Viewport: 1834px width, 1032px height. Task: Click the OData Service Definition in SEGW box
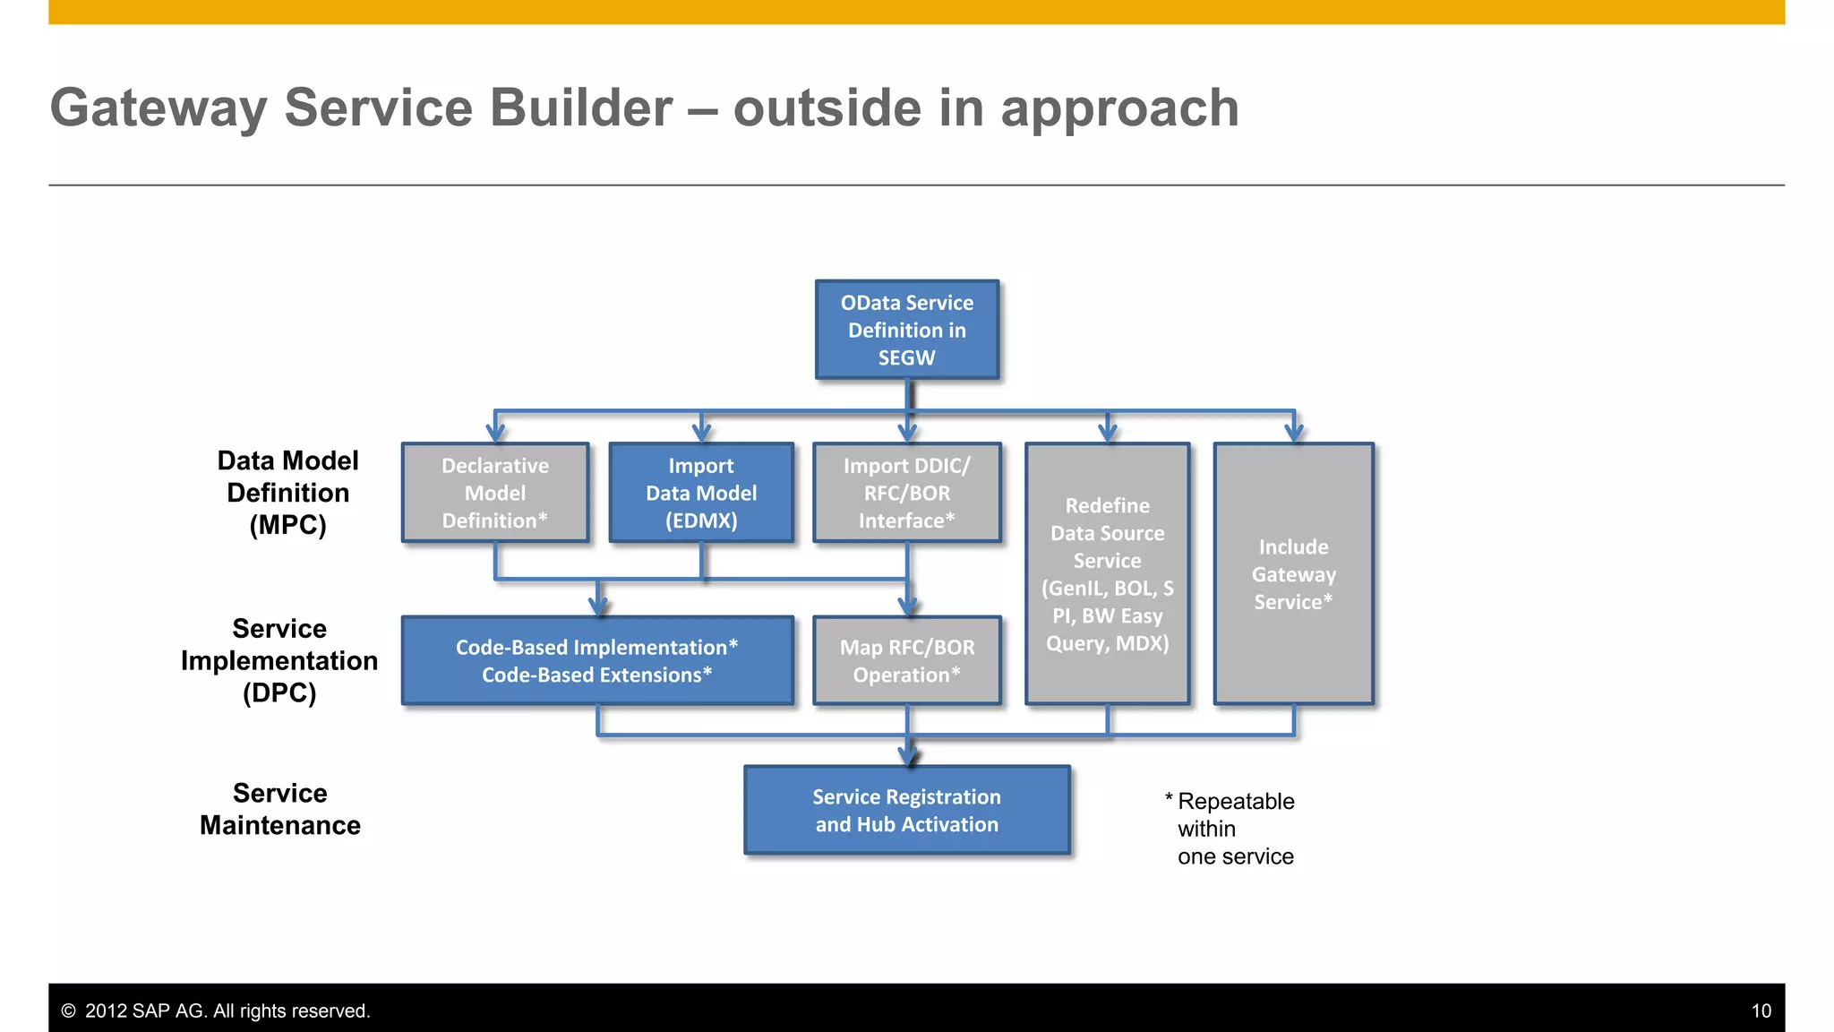pyautogui.click(x=906, y=330)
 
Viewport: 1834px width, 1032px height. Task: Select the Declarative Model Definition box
pyautogui.click(x=495, y=493)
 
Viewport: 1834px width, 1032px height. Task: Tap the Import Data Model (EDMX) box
pyautogui.click(x=701, y=493)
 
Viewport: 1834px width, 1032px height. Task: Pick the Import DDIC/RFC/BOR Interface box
pyautogui.click(x=906, y=493)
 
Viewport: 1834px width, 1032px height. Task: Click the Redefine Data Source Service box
pyautogui.click(x=1107, y=573)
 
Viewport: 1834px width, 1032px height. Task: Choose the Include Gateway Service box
pyautogui.click(x=1293, y=573)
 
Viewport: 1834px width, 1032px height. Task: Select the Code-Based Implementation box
pyautogui.click(x=597, y=660)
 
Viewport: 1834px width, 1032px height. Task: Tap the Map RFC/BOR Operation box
pyautogui.click(x=906, y=660)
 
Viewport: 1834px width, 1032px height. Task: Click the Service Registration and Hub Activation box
pyautogui.click(x=906, y=810)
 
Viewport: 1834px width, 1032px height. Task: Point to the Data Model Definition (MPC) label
pyautogui.click(x=287, y=493)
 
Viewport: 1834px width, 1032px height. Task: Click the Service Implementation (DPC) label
pyautogui.click(x=279, y=660)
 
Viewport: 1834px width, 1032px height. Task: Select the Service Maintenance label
pyautogui.click(x=279, y=809)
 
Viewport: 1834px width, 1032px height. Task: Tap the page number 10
pyautogui.click(x=1761, y=1010)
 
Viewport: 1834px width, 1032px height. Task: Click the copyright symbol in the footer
pyautogui.click(x=68, y=1010)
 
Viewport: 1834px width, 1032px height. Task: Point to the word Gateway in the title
pyautogui.click(x=159, y=108)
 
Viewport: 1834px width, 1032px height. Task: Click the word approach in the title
pyautogui.click(x=1119, y=108)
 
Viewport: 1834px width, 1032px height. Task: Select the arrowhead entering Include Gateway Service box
pyautogui.click(x=1294, y=433)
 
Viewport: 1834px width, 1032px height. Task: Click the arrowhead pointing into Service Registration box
pyautogui.click(x=908, y=756)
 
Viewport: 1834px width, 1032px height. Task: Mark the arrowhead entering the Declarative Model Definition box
pyautogui.click(x=495, y=433)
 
